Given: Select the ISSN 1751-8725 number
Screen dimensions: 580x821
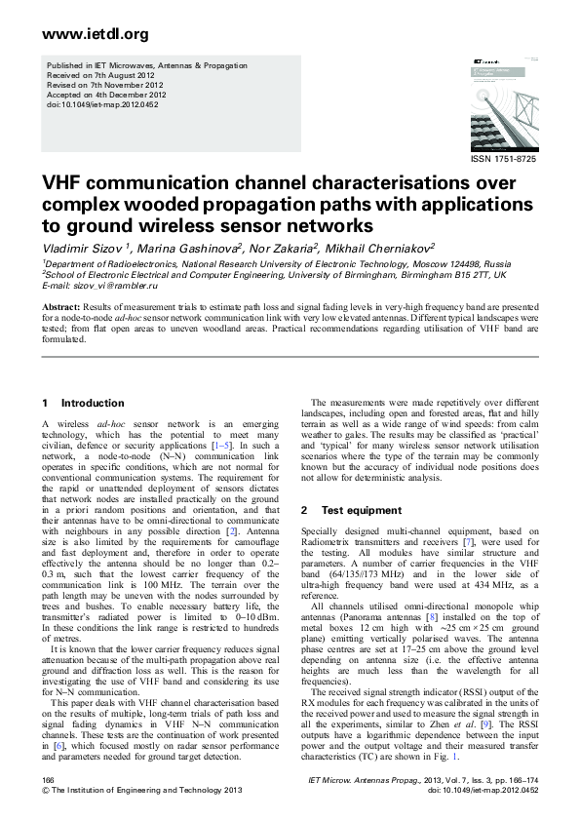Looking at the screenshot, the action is pyautogui.click(x=503, y=158).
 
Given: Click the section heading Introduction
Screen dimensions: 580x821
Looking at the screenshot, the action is pyautogui.click(x=93, y=403).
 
